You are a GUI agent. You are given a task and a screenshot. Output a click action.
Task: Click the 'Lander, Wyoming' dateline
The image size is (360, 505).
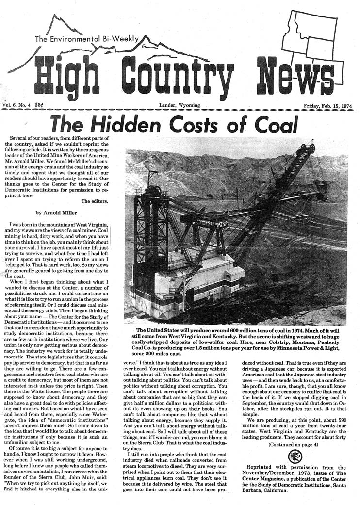(x=180, y=105)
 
